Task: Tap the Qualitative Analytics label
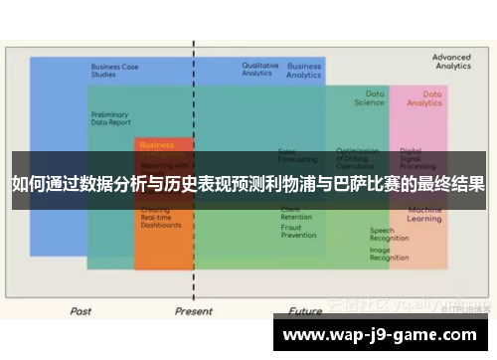pos(259,69)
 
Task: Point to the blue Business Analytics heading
pos(304,71)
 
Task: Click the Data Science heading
pos(369,97)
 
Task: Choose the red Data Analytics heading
pos(424,97)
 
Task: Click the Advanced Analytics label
pos(451,62)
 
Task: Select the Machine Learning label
pos(424,214)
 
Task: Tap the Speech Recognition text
pos(389,235)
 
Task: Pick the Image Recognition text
pos(389,254)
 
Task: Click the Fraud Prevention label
pos(298,232)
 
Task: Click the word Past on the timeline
pos(81,310)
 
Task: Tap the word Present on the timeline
pos(193,310)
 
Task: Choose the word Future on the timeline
pos(305,310)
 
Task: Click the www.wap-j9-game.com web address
pos(384,334)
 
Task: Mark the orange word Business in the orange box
pos(157,145)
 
